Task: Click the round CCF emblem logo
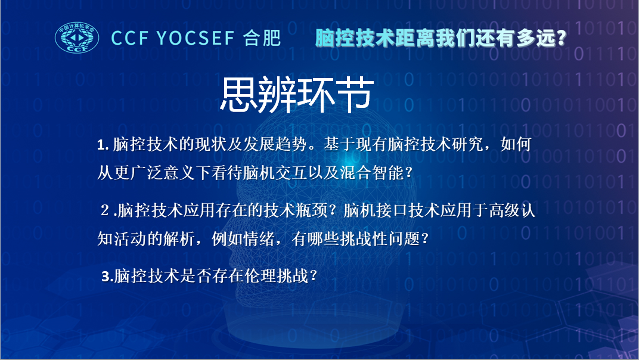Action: [x=77, y=38]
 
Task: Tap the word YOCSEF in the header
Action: [x=196, y=38]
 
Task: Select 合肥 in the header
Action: [x=262, y=38]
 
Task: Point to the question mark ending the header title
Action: [x=562, y=38]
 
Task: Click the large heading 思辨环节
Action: [x=297, y=95]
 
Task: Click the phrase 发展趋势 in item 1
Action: [x=275, y=144]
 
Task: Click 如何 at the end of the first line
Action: [x=516, y=144]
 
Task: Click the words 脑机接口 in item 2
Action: [x=376, y=210]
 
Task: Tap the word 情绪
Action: [x=259, y=239]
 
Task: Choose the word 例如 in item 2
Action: [x=227, y=239]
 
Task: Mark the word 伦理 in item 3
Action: [x=260, y=277]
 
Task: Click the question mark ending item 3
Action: [x=314, y=277]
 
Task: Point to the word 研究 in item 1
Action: [x=467, y=144]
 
